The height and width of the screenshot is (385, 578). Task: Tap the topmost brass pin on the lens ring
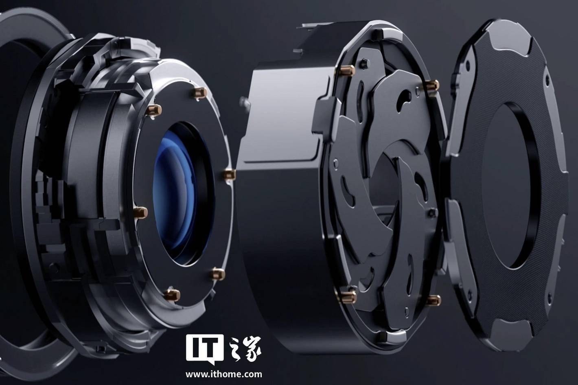click(200, 92)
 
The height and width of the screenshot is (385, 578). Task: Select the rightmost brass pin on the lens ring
click(229, 175)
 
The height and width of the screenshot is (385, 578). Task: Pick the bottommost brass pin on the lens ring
click(172, 295)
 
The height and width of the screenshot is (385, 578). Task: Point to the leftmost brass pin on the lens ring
click(140, 212)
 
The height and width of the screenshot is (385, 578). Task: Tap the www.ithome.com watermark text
click(224, 374)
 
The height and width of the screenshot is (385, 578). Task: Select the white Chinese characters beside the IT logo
click(245, 349)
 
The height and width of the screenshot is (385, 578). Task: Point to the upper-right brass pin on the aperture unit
click(432, 85)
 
